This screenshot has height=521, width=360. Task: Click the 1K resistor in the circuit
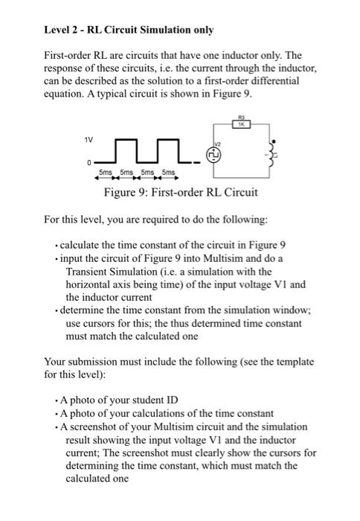click(242, 126)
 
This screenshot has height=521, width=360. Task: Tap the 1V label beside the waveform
click(89, 136)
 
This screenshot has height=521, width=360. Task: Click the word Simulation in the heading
click(169, 30)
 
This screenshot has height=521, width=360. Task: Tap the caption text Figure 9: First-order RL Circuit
click(183, 192)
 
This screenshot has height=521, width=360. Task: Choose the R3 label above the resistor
click(242, 118)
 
